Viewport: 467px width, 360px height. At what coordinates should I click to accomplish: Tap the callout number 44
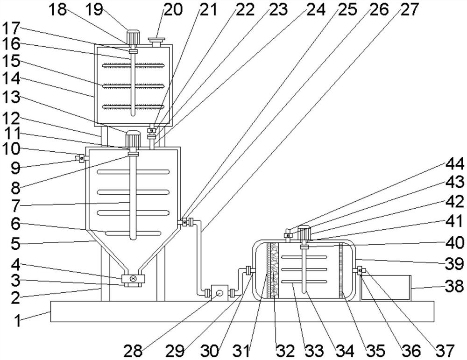(454, 164)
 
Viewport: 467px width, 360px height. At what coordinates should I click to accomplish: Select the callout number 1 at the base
(18, 321)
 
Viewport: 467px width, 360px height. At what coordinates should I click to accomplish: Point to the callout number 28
(133, 351)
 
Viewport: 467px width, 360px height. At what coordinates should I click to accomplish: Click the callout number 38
(454, 287)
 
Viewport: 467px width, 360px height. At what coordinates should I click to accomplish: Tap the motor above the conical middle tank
(132, 139)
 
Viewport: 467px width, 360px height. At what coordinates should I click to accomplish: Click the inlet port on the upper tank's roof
(156, 42)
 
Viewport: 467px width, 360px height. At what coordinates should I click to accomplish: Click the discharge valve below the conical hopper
(133, 279)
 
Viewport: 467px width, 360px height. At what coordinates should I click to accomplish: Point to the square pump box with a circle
(219, 293)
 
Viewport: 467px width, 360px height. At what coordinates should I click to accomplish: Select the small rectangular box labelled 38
(385, 288)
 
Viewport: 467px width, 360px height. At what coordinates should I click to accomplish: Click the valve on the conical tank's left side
(81, 158)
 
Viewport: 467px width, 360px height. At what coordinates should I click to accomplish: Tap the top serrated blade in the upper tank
(133, 65)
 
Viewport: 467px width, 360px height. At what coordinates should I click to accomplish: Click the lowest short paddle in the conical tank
(134, 233)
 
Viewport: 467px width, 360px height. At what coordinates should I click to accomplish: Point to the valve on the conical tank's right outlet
(185, 222)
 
